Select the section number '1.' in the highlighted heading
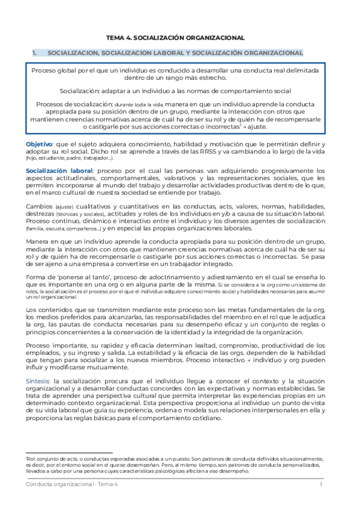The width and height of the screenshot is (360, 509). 35,53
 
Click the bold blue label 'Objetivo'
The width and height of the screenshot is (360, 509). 39,145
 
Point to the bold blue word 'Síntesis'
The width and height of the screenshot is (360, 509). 39,381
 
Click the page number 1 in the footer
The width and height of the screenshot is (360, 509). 321,484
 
